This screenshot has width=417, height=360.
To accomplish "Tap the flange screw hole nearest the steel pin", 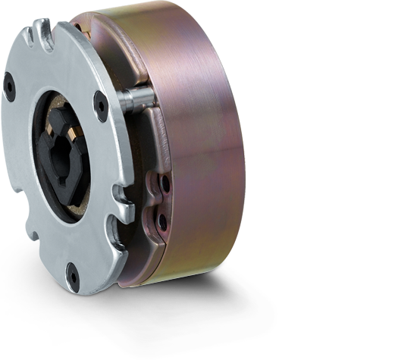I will [x=101, y=105].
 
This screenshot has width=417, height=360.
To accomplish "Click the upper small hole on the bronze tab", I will [x=165, y=183].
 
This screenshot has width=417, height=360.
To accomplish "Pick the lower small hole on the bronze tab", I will [x=161, y=221].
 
